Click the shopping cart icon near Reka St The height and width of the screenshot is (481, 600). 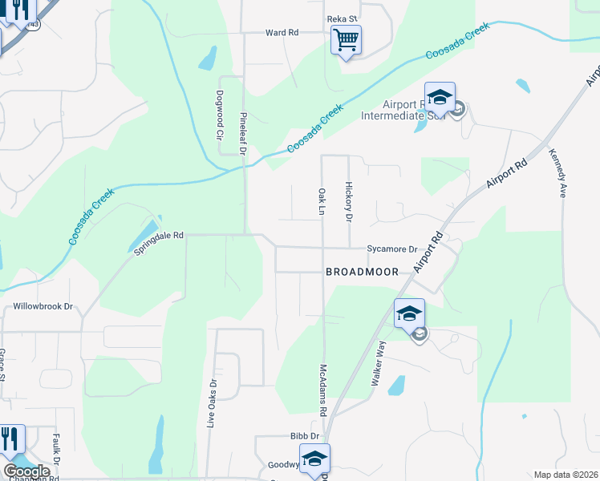(346, 38)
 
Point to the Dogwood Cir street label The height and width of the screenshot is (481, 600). (219, 115)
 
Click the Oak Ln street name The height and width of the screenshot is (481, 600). (321, 202)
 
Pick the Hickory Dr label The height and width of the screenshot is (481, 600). (349, 201)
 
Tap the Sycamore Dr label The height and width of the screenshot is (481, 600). (393, 249)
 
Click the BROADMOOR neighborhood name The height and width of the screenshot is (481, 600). (362, 272)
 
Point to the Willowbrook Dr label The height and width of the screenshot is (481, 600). (43, 306)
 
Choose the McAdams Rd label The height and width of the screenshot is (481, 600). (323, 390)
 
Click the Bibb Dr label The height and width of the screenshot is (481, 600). (305, 436)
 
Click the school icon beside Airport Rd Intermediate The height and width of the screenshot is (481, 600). (440, 97)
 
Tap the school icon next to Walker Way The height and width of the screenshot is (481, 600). (409, 313)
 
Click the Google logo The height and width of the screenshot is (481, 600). (26, 471)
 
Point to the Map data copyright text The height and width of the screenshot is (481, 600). (566, 475)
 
